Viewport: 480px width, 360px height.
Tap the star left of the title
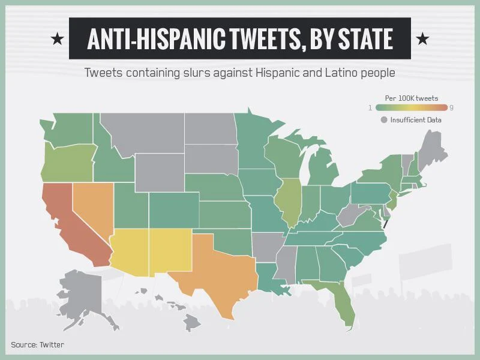pyautogui.click(x=57, y=39)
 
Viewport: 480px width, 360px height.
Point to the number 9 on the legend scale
pyautogui.click(x=451, y=107)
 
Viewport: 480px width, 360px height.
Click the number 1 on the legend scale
pyautogui.click(x=370, y=107)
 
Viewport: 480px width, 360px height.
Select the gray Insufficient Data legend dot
pyautogui.click(x=384, y=120)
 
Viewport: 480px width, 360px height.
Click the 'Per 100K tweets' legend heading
pyautogui.click(x=411, y=98)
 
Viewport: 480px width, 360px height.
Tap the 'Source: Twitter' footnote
pyautogui.click(x=37, y=344)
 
